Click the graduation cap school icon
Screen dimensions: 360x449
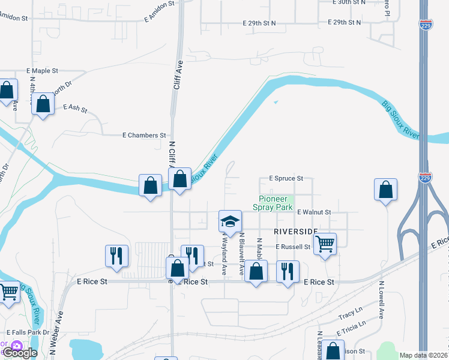pos(230,221)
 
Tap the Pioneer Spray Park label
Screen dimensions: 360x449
pos(276,203)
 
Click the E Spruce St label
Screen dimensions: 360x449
pos(286,178)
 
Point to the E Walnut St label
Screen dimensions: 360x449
pos(313,212)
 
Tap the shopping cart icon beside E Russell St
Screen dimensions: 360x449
pos(325,244)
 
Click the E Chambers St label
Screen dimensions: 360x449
pos(144,136)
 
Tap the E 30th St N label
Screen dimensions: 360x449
pos(349,2)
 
